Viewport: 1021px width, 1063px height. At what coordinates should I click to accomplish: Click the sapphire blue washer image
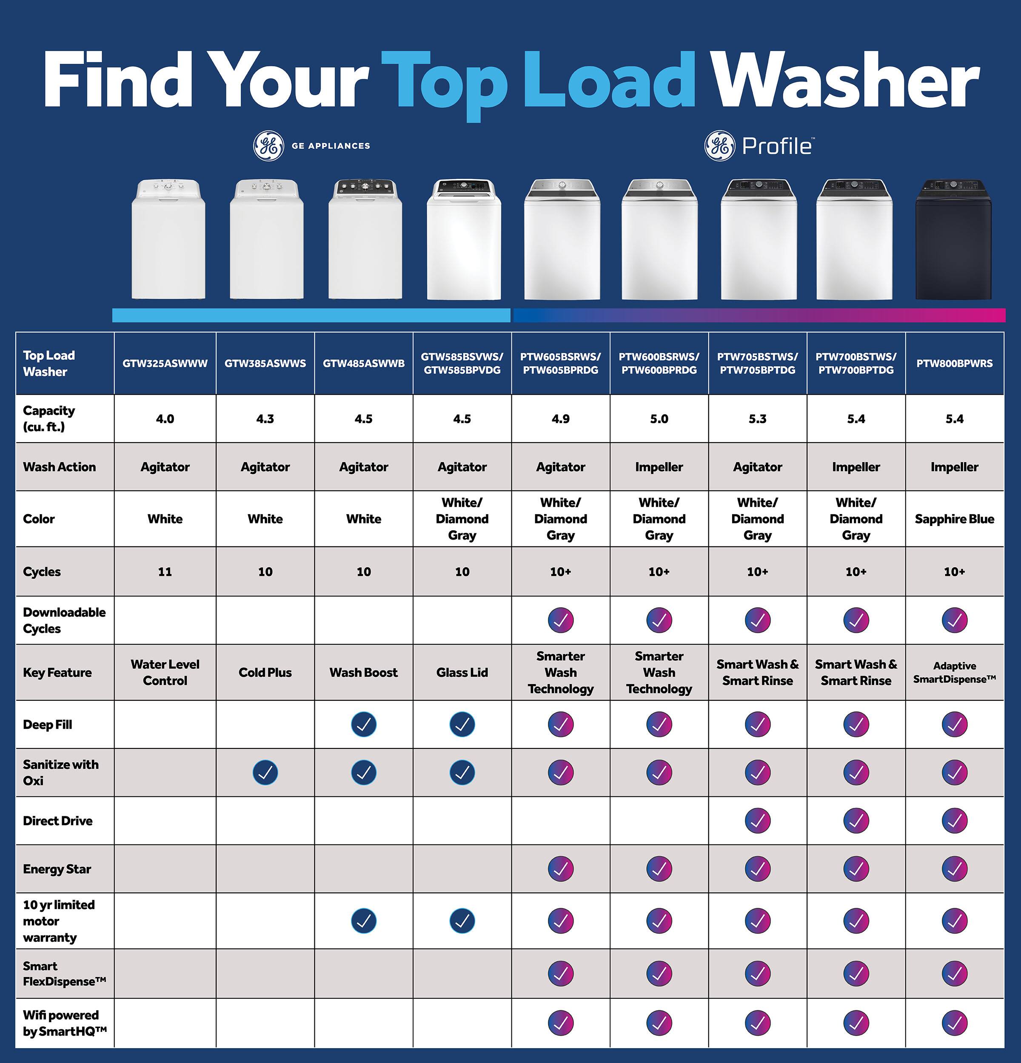point(954,240)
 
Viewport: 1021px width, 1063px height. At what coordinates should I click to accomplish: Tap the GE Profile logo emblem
point(719,146)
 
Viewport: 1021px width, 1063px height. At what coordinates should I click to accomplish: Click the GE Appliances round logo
point(268,146)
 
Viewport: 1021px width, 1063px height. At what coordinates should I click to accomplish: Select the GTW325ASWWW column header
point(165,364)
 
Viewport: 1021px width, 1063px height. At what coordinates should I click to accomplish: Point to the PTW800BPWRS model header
point(954,364)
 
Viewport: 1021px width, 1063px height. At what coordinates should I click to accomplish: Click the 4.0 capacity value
point(165,419)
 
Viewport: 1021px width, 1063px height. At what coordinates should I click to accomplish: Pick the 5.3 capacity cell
point(757,419)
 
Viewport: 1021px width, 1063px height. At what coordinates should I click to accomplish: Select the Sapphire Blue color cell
point(954,519)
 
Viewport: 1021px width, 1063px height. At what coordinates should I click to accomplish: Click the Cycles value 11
point(165,571)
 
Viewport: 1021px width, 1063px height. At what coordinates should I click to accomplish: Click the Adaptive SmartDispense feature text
point(954,673)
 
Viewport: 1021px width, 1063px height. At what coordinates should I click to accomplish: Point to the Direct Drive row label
point(57,821)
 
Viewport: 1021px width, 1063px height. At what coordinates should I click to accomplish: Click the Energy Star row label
point(57,869)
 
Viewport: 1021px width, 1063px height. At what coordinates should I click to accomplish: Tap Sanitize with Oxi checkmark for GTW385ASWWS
point(265,772)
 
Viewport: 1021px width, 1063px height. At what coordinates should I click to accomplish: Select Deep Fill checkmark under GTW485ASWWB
point(363,724)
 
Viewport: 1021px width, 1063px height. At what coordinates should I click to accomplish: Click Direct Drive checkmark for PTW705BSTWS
point(757,821)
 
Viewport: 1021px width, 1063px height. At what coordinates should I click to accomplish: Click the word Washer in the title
point(845,81)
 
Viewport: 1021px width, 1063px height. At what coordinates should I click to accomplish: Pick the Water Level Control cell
point(165,673)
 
